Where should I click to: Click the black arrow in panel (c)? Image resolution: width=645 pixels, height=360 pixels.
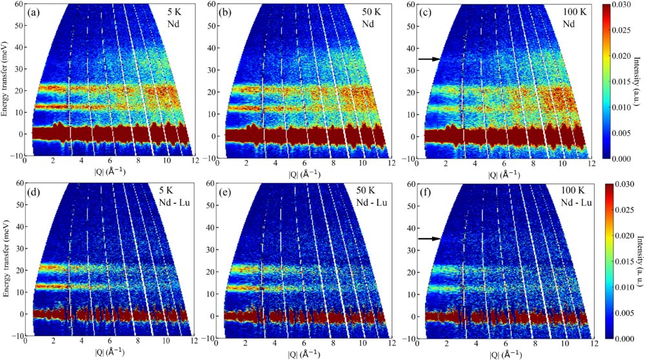coord(428,59)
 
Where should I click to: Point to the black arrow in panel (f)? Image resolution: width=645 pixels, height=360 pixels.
coord(428,239)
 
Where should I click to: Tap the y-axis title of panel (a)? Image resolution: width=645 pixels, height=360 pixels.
coord(5,81)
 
